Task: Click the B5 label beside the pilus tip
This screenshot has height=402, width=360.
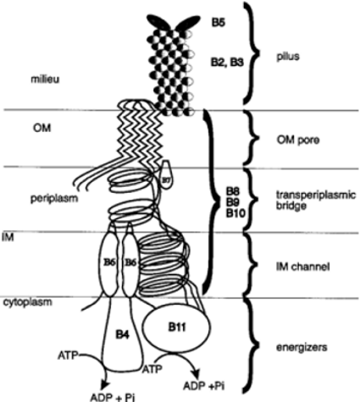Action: click(219, 22)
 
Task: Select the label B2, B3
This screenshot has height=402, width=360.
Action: click(227, 63)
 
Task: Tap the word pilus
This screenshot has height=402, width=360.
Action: click(288, 57)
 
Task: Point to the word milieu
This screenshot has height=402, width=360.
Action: click(45, 80)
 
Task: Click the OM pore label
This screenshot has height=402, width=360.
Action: click(298, 140)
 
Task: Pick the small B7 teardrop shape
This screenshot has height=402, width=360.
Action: click(165, 174)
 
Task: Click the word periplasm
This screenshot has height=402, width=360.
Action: click(54, 199)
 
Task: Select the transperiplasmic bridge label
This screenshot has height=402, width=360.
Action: click(316, 201)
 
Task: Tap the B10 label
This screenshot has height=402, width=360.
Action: click(235, 213)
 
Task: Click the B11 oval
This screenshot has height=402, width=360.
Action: click(177, 328)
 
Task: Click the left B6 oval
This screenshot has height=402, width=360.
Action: click(108, 262)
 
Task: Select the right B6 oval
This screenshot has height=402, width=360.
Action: click(130, 262)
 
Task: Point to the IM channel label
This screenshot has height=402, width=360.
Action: click(303, 267)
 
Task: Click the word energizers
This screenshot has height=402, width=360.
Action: click(302, 348)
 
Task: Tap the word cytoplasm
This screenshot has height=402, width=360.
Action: click(28, 302)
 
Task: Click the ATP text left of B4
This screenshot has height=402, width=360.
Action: click(68, 355)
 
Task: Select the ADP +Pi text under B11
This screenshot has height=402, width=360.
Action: click(204, 386)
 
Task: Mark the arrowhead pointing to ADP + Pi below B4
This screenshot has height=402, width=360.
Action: click(105, 385)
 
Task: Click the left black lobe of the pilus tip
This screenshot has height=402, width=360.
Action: click(158, 22)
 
